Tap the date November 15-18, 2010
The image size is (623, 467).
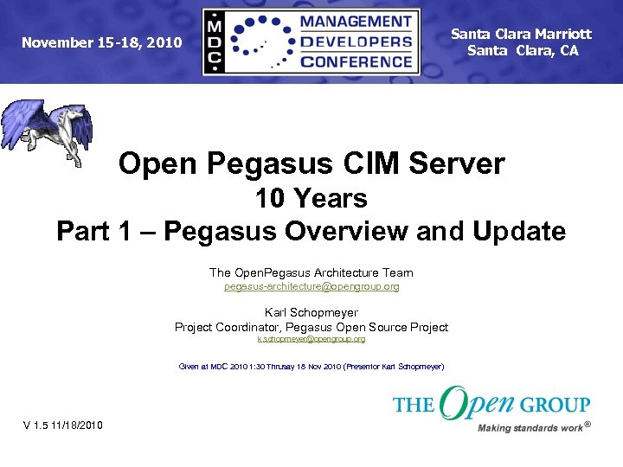(102, 42)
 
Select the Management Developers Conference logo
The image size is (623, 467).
(311, 42)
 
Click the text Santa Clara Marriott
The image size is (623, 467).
(521, 34)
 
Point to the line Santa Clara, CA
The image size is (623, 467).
(523, 50)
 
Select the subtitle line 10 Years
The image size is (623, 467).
(311, 198)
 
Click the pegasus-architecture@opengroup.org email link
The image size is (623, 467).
(311, 285)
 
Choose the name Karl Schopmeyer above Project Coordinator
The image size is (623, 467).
(311, 312)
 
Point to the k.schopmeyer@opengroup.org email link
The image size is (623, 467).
(311, 339)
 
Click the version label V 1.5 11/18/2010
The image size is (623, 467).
(63, 425)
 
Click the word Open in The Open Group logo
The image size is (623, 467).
(477, 403)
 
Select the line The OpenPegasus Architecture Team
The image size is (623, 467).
(311, 272)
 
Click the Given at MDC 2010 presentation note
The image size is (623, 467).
(311, 367)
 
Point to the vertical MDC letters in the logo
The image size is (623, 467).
(215, 42)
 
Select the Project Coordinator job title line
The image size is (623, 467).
(311, 327)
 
